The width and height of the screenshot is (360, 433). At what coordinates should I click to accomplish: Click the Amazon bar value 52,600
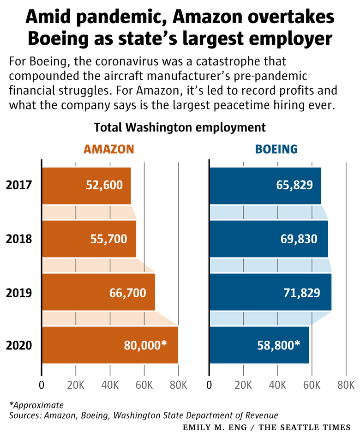click(x=104, y=186)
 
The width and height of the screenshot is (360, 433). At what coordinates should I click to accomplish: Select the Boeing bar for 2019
click(x=270, y=292)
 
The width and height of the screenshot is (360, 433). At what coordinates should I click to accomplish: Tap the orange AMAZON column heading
click(x=108, y=149)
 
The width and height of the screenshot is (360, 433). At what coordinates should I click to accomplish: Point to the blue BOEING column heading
click(x=276, y=149)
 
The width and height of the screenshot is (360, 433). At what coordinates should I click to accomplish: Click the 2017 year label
click(x=19, y=186)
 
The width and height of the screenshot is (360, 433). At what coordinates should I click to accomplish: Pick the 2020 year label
click(x=19, y=345)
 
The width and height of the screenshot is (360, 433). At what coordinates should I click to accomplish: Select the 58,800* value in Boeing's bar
click(x=277, y=345)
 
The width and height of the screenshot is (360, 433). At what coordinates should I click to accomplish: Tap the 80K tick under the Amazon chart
click(x=178, y=385)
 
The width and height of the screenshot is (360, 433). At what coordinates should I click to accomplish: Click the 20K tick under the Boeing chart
click(x=243, y=385)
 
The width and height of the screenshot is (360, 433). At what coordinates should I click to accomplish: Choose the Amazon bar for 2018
click(x=89, y=239)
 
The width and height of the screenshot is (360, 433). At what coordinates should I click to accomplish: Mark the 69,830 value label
click(x=299, y=239)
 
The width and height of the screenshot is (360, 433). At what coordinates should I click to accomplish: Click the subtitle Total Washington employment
click(x=180, y=127)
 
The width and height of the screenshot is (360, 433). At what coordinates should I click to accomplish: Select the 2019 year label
click(x=19, y=292)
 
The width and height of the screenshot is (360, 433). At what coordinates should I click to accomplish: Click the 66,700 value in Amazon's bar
click(x=128, y=292)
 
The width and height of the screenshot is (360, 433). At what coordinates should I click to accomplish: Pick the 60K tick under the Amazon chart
click(x=144, y=385)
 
